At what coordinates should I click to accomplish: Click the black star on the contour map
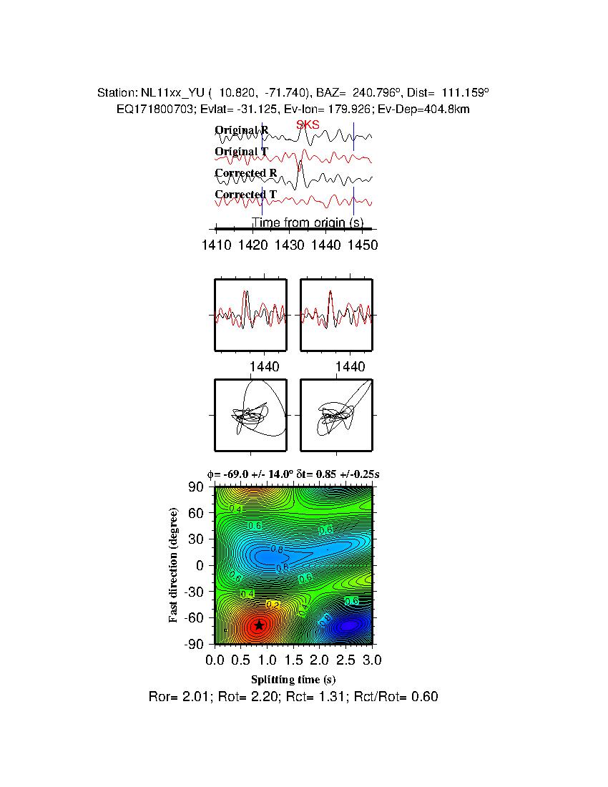coord(259,625)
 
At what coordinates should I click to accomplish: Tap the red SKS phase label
coord(308,125)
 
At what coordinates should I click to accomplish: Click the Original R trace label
coord(242,130)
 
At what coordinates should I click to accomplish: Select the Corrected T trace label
coord(245,195)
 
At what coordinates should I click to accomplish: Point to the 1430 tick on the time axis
coord(289,245)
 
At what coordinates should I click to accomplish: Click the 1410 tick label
coord(216,245)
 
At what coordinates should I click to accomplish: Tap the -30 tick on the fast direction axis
coord(195,592)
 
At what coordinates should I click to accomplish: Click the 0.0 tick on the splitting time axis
coord(215,659)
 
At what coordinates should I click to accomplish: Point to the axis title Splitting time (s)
coord(293,679)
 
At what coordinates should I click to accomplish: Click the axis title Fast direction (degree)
coord(174,565)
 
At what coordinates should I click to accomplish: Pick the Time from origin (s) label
coord(308,223)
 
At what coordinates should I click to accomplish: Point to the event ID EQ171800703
coord(149,109)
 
